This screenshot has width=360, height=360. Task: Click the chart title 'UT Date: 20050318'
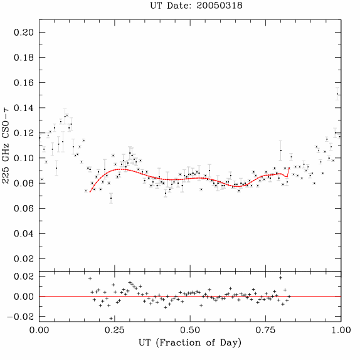coord(196,6)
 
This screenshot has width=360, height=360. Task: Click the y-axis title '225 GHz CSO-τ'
coord(6,146)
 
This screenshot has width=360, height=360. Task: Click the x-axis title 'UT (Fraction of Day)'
coord(190,343)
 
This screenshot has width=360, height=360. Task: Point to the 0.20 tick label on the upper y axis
coord(24,33)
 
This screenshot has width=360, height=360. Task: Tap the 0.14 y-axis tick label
coord(24,108)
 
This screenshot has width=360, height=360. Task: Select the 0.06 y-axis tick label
coord(24,208)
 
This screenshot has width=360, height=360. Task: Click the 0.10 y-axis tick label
coord(24,158)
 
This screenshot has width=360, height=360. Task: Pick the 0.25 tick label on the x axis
coord(115,330)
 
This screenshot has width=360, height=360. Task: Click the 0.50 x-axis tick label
coord(190,330)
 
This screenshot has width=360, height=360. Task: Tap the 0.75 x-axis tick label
coord(266,330)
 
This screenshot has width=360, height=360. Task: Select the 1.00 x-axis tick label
coord(341,330)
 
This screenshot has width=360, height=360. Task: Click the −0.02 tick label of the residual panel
coord(21,317)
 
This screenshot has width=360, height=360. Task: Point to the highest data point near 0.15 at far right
coord(337,94)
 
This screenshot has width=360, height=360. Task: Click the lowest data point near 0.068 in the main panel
coord(111,198)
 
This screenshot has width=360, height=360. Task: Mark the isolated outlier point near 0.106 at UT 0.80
coord(281,151)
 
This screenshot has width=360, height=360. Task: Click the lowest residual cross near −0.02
coord(111,318)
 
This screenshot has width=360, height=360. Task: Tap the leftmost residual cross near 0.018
coord(90,278)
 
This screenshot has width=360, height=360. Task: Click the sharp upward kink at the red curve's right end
coord(287,177)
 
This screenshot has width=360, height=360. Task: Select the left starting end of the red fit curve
coord(90,192)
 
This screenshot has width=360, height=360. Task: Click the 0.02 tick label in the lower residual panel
coord(24,277)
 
